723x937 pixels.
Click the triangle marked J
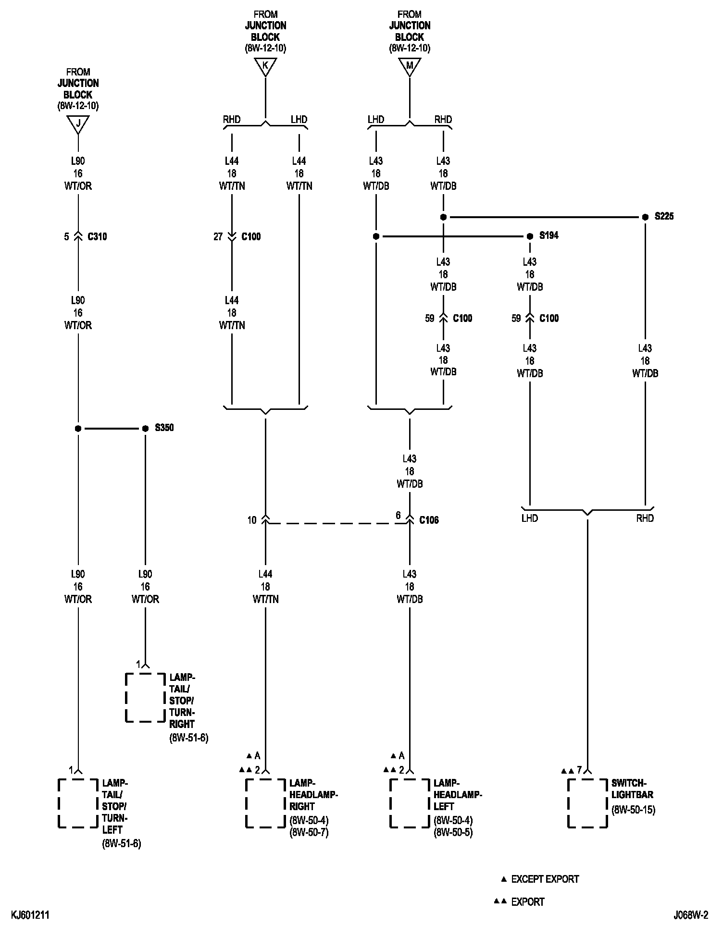tap(78, 124)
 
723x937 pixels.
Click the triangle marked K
tap(265, 66)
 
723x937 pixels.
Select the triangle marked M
tap(410, 66)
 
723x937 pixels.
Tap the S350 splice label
tap(164, 428)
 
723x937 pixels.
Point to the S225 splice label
tap(664, 216)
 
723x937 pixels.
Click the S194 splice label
tap(549, 235)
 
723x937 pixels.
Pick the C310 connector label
tap(97, 236)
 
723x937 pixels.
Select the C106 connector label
tap(429, 520)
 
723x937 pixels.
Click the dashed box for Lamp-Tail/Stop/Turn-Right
tap(145, 697)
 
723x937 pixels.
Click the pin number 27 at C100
tap(218, 236)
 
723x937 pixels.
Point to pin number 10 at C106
tap(252, 520)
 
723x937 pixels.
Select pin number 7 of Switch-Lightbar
tap(579, 770)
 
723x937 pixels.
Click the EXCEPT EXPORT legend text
tap(545, 879)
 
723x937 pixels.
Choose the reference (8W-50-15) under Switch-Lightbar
tap(633, 810)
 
